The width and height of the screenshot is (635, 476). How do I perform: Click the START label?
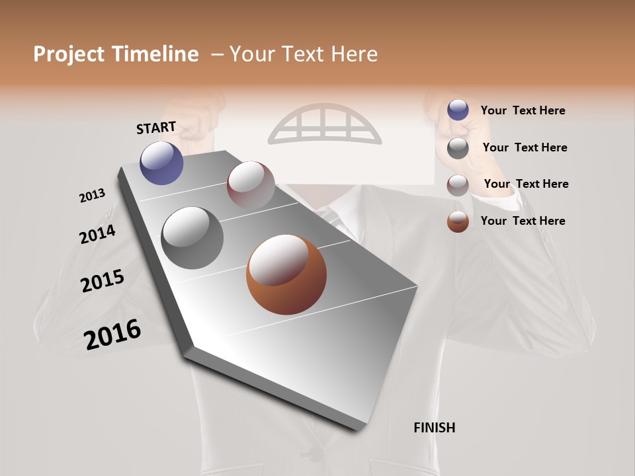(156, 128)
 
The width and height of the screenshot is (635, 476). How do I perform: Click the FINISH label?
(434, 428)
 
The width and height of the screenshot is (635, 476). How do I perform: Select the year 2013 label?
(92, 195)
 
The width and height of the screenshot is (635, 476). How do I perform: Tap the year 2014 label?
(97, 234)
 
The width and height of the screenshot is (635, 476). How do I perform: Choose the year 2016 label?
(112, 334)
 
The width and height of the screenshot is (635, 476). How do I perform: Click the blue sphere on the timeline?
(162, 163)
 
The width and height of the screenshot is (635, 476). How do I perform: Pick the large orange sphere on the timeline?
(286, 274)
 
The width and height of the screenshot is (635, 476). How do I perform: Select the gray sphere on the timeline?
(192, 238)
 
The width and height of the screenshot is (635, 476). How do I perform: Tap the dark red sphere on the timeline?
(251, 185)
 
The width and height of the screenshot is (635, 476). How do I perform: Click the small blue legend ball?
(458, 110)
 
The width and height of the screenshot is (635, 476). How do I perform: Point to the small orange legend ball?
(458, 221)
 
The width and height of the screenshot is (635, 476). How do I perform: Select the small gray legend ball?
(458, 148)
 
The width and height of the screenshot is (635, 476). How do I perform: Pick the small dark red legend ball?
(458, 185)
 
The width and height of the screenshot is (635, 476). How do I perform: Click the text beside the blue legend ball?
(523, 110)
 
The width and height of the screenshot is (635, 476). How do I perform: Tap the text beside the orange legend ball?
(523, 221)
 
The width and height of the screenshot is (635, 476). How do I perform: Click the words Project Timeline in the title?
(116, 54)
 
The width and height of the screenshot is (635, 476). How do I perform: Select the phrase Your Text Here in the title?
(303, 54)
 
